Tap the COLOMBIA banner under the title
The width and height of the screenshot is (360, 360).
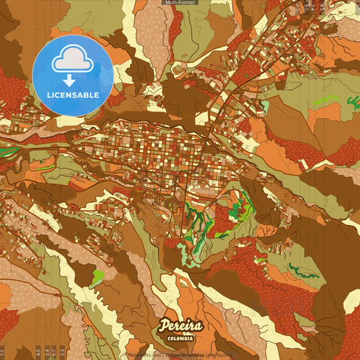coord(180,338)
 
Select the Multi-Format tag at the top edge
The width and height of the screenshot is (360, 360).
coord(180,3)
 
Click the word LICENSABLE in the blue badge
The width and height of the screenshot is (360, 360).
coord(73,95)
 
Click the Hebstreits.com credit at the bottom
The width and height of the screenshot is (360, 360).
coord(145,355)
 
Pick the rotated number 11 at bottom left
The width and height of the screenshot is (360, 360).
coord(3,353)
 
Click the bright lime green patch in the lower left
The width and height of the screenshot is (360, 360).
coord(99,276)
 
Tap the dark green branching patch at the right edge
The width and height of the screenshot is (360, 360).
coord(353,103)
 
